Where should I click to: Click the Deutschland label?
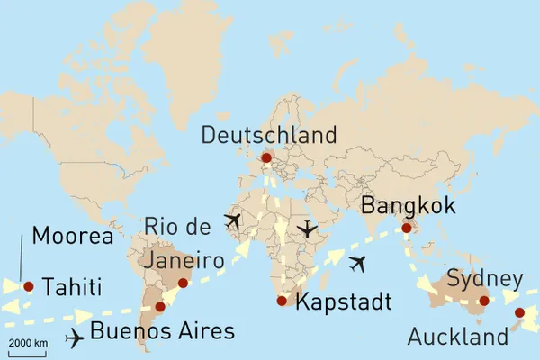[x=269, y=136]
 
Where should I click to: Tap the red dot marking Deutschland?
[x=265, y=158]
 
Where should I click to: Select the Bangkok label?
[x=408, y=206]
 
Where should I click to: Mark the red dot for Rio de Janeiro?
[x=183, y=283]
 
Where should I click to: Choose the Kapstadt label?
[x=343, y=302]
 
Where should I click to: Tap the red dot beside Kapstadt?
[x=282, y=301]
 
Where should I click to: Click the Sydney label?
[x=484, y=277]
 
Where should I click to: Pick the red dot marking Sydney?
[x=484, y=301]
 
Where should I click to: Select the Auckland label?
[x=457, y=337]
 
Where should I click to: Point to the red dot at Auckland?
[x=519, y=313]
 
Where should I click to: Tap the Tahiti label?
[x=71, y=287]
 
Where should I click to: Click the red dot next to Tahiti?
[x=29, y=286]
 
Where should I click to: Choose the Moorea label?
[x=72, y=237]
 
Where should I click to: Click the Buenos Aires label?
[x=162, y=330]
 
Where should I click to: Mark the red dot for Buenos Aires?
[x=160, y=307]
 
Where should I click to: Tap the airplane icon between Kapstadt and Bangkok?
[x=358, y=264]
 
